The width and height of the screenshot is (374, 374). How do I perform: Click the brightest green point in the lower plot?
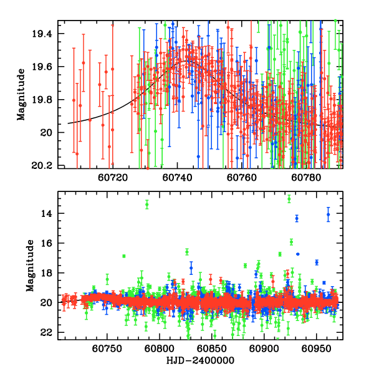coord(289,199)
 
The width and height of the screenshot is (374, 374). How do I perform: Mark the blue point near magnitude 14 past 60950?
coord(328,214)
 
